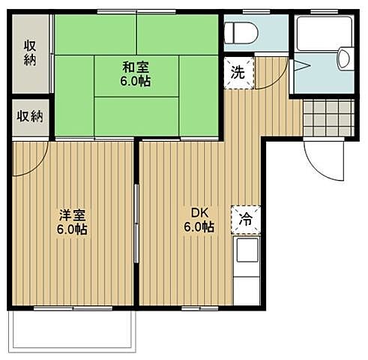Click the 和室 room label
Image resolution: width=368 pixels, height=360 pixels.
point(136,66)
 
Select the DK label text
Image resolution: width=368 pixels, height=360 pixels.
point(199,212)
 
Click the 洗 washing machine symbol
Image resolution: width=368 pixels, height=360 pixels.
point(238,73)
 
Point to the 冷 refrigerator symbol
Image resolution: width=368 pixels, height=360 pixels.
point(246,219)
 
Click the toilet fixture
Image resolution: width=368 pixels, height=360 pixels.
point(241,33)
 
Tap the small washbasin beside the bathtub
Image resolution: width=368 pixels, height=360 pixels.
point(345,58)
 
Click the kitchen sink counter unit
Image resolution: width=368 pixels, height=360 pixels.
point(247,270)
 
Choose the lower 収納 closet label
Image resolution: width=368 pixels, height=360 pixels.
point(31,116)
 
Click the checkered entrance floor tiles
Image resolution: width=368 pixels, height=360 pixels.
point(328,118)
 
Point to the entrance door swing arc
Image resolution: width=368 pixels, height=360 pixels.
point(322,161)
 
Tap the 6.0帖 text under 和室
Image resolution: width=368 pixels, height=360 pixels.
point(136,81)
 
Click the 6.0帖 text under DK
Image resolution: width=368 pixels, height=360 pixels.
point(199,226)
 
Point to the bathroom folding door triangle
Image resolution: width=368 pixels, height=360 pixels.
point(298,65)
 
